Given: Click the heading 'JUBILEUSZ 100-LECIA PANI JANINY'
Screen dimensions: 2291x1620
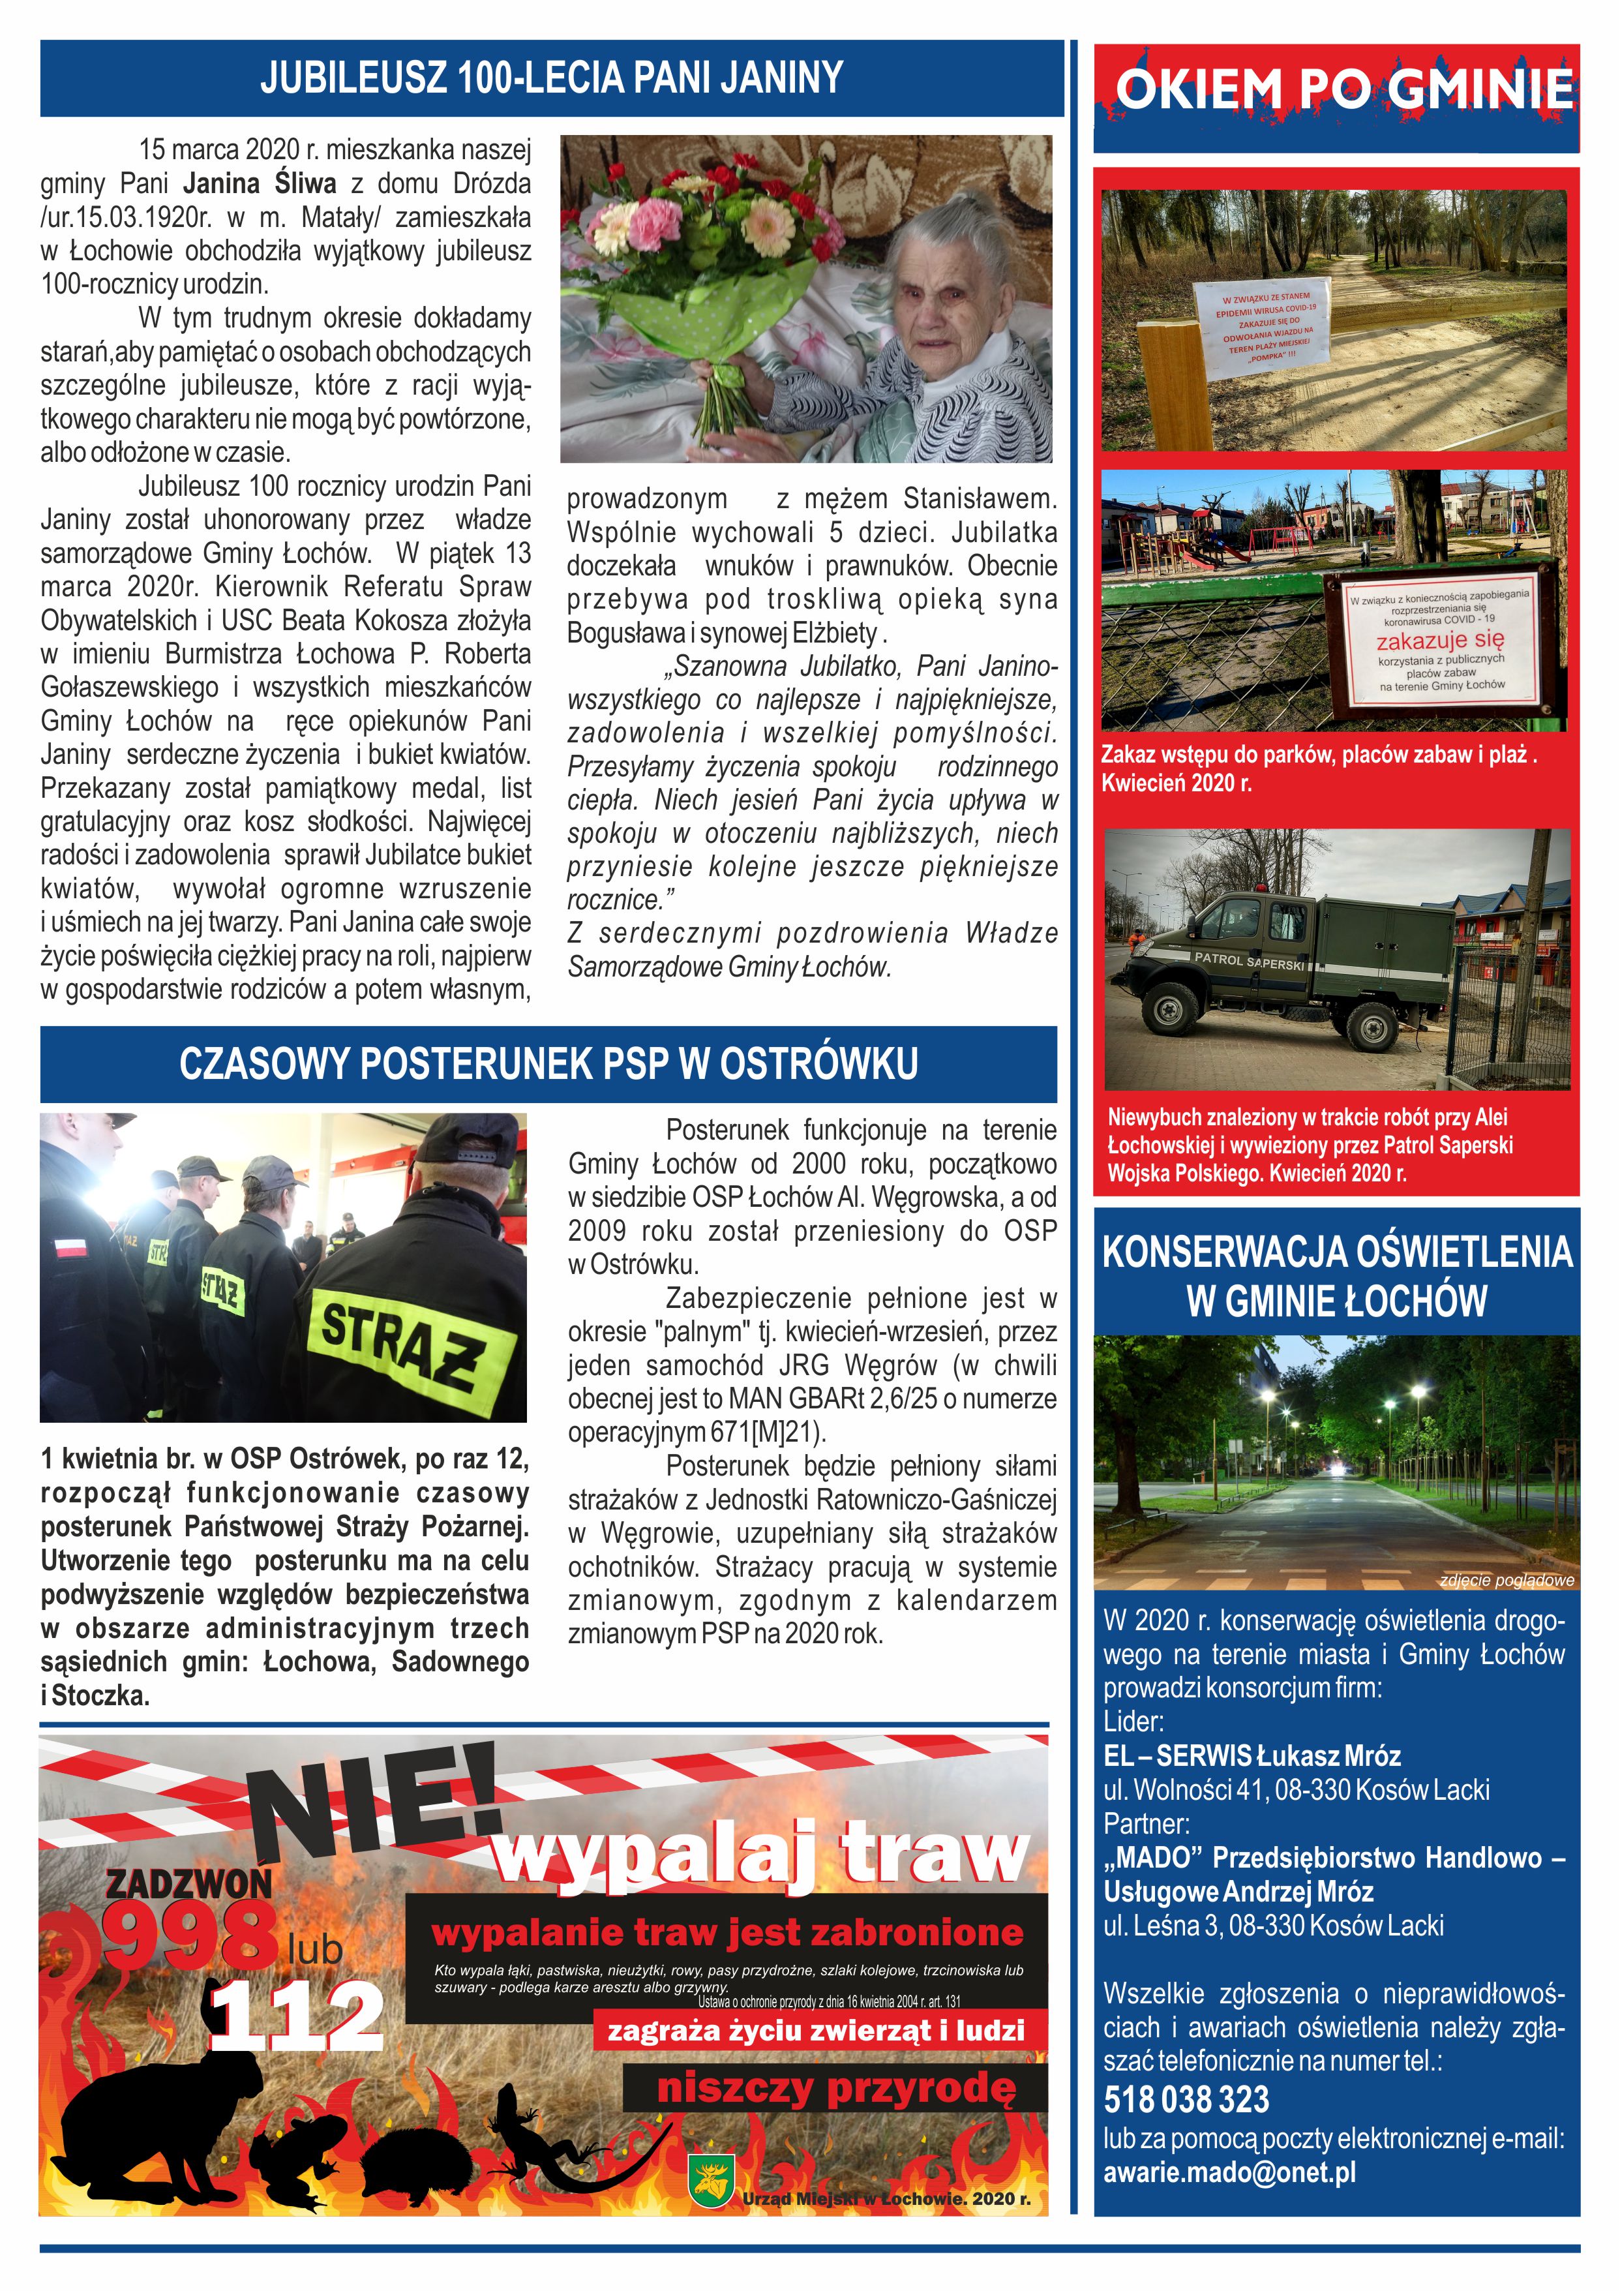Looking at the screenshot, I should (x=552, y=78).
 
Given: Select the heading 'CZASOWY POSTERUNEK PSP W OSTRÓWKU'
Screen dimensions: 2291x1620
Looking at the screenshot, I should (x=548, y=1065).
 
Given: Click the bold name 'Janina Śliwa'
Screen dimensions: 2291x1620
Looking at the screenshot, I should (x=260, y=183).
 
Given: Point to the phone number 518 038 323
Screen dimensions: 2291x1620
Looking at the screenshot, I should (x=1186, y=2099).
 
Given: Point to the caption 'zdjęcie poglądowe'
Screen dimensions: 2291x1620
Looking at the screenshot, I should (x=1507, y=1579).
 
